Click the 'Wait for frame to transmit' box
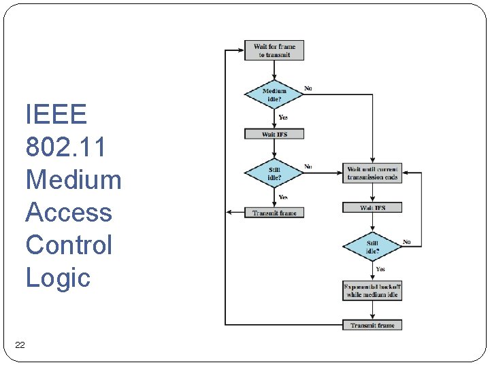pos(274,50)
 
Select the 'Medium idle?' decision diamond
pos(274,94)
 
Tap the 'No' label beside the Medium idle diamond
pos(308,88)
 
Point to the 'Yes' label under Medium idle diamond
pos(283,118)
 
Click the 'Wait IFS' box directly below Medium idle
pos(274,135)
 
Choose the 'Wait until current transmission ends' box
pos(372,173)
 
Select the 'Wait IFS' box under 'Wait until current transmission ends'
pos(372,207)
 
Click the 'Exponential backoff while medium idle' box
pos(372,291)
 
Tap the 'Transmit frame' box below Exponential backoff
pos(372,325)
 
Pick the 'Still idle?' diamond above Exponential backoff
pos(372,247)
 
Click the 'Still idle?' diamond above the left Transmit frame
pos(274,173)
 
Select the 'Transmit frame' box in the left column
pos(274,213)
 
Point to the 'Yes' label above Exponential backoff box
pos(380,269)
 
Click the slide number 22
pos(20,345)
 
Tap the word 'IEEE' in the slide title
pos(56,114)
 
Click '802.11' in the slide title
pos(65,147)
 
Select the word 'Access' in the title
pos(68,212)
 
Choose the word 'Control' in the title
pos(68,245)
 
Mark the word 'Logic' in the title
pos(58,277)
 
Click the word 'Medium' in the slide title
pos(73,179)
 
